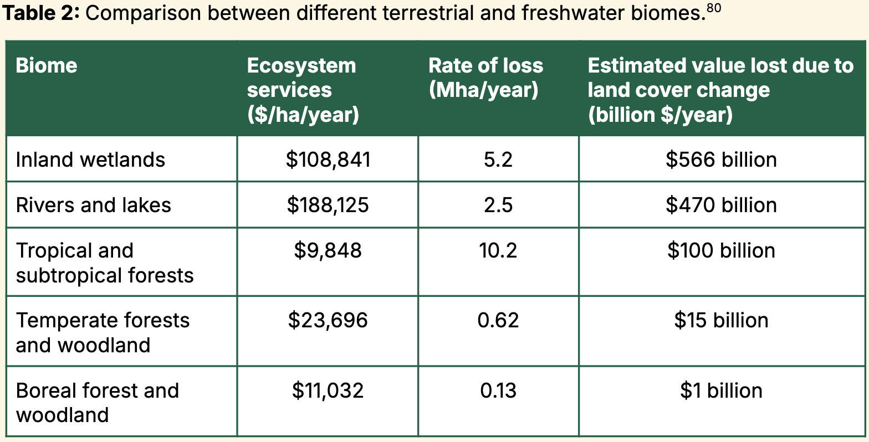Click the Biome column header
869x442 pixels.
coord(47,66)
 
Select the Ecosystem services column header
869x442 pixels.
coord(302,90)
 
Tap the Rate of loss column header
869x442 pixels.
coord(485,78)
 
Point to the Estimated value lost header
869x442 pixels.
coord(720,90)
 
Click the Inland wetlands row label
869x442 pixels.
coord(90,160)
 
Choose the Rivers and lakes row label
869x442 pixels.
coord(93,205)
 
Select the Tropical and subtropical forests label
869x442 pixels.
coord(104,263)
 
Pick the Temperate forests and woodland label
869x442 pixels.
coord(103,332)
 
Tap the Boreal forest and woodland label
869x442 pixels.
coord(97,403)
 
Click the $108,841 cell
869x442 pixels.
coord(328,160)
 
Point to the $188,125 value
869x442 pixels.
coord(328,205)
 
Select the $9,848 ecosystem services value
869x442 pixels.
coord(328,250)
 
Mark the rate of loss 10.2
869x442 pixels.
coord(498,250)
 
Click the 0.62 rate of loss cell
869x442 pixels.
coord(498,320)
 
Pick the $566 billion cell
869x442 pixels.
coord(721,160)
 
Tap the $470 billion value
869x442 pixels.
coord(721,205)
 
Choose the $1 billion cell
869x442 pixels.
coord(721,390)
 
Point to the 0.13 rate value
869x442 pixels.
coord(498,390)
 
